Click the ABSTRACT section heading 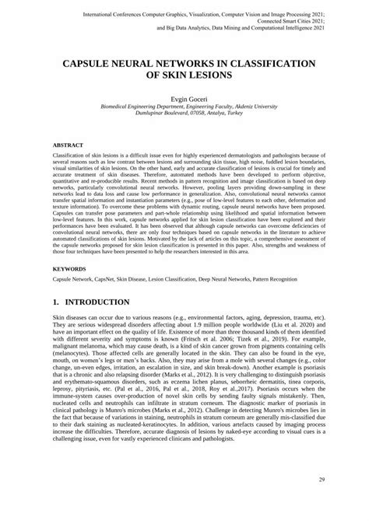coord(68,145)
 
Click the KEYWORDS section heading coord(70,268)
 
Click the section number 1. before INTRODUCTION coord(56,301)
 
